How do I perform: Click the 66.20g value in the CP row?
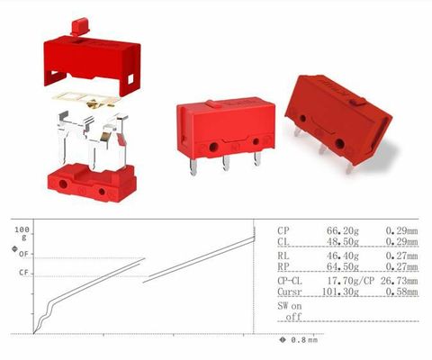342,230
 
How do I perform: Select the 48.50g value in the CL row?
342,241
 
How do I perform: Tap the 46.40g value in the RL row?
342,256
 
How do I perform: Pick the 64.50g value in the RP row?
342,266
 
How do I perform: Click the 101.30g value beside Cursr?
340,292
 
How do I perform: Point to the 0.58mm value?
401,292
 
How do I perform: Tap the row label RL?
283,256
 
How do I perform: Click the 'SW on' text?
289,306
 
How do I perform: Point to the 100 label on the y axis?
22,230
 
